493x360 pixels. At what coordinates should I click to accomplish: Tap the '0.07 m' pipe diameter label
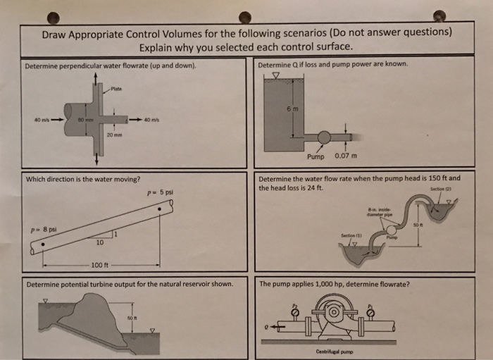(346, 156)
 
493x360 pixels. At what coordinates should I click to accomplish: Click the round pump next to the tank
(324, 137)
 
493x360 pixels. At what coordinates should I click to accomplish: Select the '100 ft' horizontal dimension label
(99, 265)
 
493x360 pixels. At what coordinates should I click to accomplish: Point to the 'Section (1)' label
(351, 235)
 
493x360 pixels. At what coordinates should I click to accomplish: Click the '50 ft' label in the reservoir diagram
(130, 319)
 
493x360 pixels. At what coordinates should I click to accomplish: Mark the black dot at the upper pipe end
(161, 209)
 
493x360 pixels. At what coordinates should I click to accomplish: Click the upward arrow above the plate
(95, 76)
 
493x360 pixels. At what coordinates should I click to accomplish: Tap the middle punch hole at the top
(244, 16)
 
